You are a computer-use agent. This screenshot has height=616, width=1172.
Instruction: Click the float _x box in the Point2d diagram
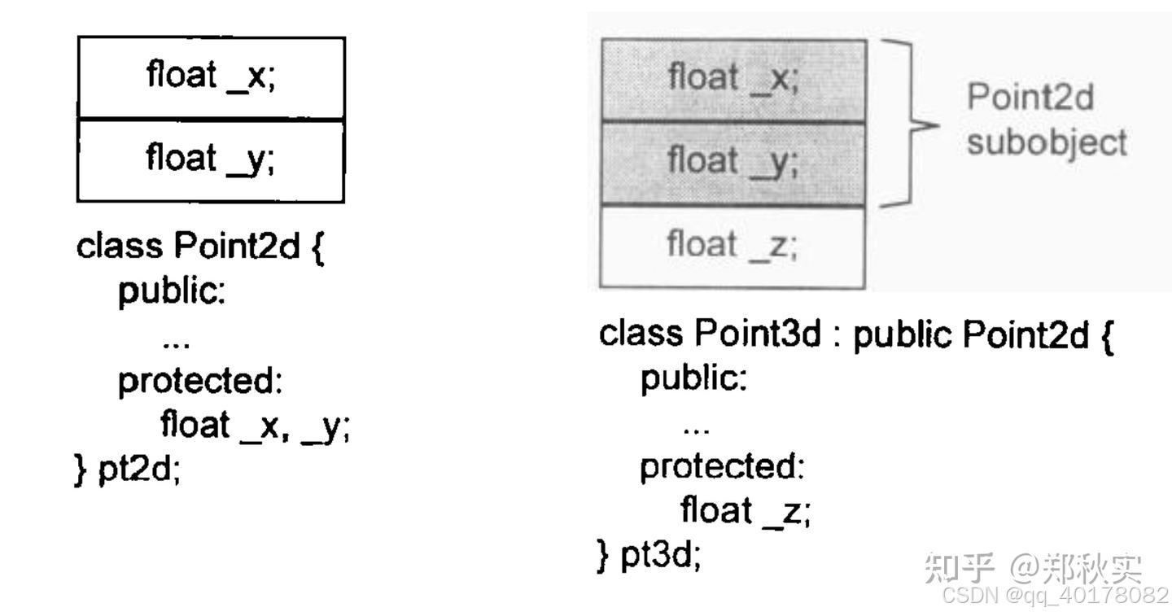pos(211,77)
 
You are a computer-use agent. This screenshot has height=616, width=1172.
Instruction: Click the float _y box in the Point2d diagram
pos(211,160)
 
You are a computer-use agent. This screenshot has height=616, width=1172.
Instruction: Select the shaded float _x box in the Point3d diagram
pos(732,80)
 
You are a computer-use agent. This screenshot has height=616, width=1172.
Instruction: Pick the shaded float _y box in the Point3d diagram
pos(732,163)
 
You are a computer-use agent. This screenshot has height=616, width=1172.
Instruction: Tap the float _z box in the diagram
pos(732,246)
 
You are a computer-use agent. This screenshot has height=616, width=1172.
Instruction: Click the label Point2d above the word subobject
pos(1030,99)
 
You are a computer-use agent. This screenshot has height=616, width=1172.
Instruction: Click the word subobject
pos(1047,143)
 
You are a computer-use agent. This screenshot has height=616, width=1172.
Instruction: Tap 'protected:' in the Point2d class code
pos(200,381)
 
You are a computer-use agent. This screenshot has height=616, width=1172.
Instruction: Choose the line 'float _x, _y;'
pos(255,425)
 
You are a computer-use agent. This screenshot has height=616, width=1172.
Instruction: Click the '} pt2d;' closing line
pos(127,470)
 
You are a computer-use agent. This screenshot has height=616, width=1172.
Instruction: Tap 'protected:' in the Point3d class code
pos(722,467)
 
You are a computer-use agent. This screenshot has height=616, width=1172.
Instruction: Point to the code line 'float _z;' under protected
pos(746,511)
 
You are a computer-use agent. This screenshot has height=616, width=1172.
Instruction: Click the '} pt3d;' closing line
pos(649,555)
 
